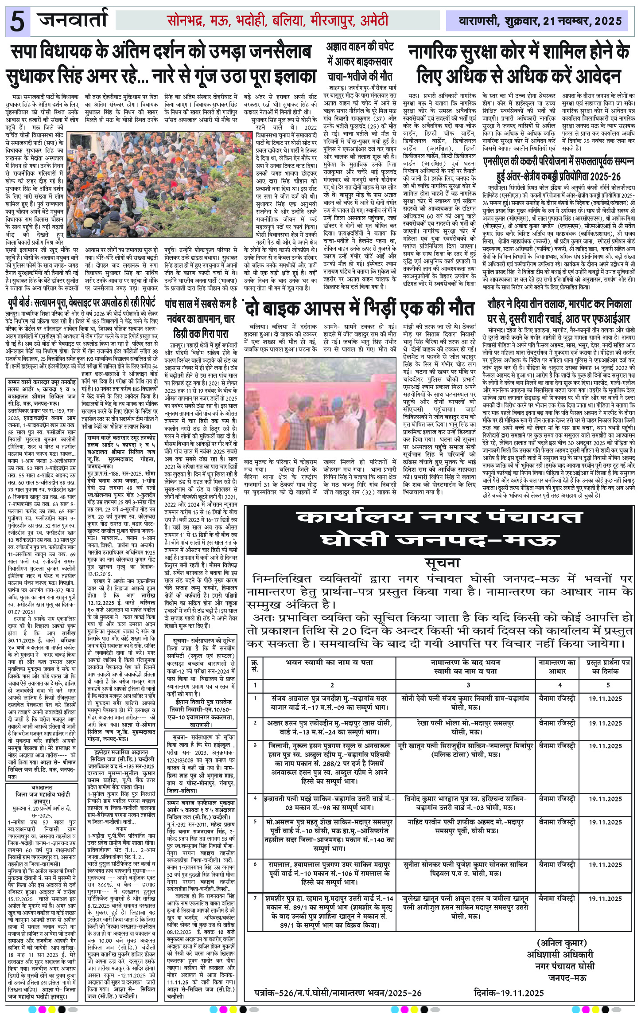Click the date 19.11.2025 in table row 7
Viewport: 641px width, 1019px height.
tap(606, 886)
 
